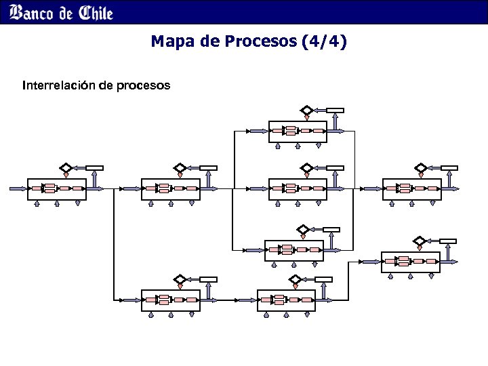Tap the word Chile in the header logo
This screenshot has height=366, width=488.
(96, 12)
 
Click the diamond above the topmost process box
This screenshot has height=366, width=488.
(306, 110)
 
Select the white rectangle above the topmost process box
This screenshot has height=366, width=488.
(335, 110)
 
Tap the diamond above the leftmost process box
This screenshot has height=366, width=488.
(65, 168)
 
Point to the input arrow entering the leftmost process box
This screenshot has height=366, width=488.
(17, 188)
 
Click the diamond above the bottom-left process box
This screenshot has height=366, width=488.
(180, 279)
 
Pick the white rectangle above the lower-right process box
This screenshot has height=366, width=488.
(448, 241)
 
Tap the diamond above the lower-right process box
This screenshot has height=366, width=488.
(420, 241)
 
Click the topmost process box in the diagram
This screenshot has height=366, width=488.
(298, 131)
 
